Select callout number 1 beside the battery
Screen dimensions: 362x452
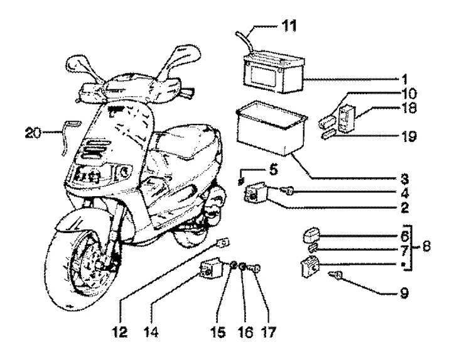coord(404,80)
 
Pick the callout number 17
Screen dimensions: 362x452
coord(270,329)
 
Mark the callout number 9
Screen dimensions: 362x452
coord(404,292)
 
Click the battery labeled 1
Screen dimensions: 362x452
coord(274,73)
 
